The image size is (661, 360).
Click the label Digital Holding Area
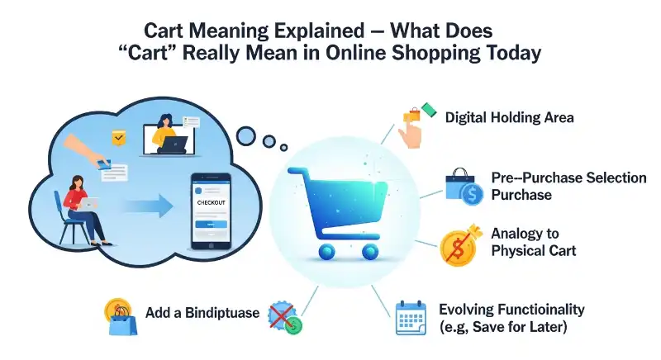509,118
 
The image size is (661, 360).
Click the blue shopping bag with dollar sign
462,187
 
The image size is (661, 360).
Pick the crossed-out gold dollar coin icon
459,245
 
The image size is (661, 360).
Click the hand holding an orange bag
411,126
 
